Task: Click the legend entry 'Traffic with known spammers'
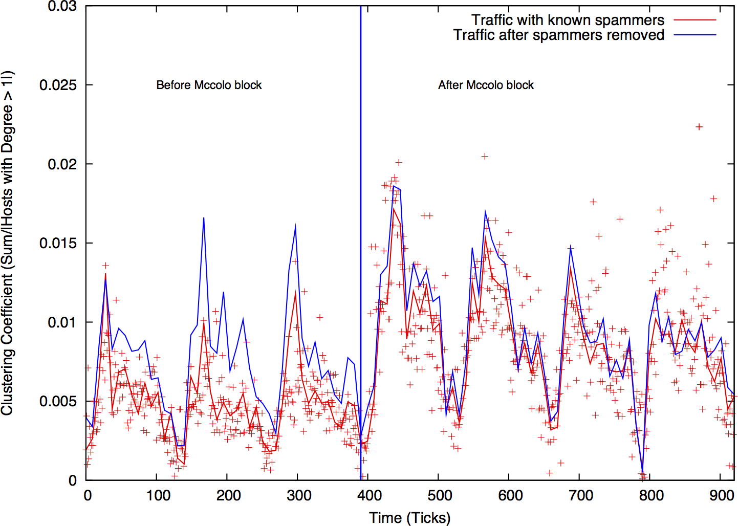(x=568, y=20)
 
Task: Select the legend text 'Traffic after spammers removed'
(x=559, y=35)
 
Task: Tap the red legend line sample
(x=694, y=20)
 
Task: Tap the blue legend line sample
(x=694, y=35)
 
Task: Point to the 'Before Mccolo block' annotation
(x=209, y=85)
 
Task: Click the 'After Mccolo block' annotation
(x=486, y=85)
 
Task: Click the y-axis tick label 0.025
(x=58, y=85)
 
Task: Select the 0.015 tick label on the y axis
(x=58, y=243)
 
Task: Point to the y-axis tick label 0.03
(x=62, y=7)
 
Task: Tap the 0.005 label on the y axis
(x=58, y=401)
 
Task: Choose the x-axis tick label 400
(x=370, y=495)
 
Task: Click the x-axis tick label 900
(x=722, y=495)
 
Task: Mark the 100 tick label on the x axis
(x=158, y=495)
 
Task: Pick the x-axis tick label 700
(x=581, y=495)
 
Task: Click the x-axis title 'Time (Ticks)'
(x=409, y=517)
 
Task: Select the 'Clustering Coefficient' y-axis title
(x=7, y=243)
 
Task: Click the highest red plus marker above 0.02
(x=699, y=127)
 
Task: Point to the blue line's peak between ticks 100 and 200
(x=204, y=218)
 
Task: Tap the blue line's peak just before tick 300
(x=295, y=225)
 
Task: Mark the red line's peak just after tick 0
(x=105, y=274)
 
